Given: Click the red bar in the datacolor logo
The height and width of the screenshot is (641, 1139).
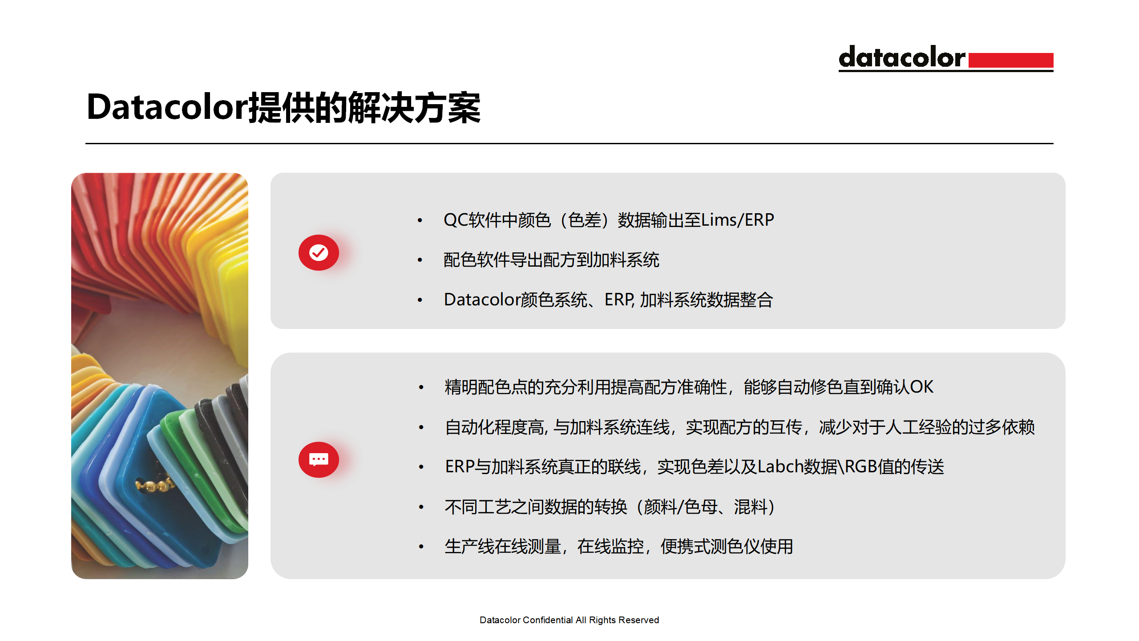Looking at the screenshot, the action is [x=1010, y=60].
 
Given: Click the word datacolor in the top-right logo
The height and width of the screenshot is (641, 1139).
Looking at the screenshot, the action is [x=902, y=57].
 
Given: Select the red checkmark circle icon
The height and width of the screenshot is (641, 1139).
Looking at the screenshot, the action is [x=319, y=252].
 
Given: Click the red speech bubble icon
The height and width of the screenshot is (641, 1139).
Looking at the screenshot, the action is [x=319, y=459].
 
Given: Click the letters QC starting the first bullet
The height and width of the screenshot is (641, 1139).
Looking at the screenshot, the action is [x=456, y=220].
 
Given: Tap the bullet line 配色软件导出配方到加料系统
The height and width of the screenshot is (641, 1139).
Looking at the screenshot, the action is [x=551, y=260].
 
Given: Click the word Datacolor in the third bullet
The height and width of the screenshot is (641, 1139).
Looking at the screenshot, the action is [x=482, y=300].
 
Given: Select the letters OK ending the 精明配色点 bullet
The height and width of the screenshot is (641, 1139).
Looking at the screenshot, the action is [x=921, y=387].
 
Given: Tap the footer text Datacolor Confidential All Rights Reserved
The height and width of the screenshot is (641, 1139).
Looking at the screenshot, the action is [x=569, y=620].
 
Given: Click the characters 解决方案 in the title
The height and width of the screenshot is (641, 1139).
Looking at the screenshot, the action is [x=414, y=107].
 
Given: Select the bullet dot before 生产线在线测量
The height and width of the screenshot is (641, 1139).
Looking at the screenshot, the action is [x=421, y=547].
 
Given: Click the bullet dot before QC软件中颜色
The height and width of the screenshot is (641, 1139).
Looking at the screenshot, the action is [x=420, y=220].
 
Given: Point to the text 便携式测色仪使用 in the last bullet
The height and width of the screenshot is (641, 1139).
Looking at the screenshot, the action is [x=727, y=547].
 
